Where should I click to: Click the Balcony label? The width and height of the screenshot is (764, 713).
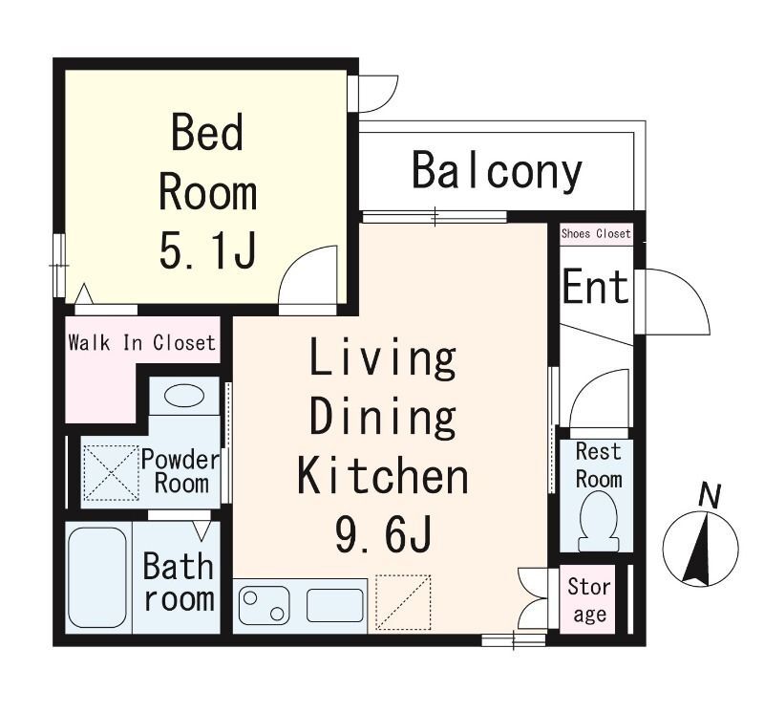click(x=497, y=171)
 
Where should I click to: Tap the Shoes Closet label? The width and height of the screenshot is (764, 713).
click(x=596, y=233)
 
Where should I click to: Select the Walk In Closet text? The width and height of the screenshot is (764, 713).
click(x=141, y=342)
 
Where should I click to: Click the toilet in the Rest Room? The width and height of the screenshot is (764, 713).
click(x=599, y=521)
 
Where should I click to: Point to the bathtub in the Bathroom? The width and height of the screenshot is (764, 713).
click(x=97, y=577)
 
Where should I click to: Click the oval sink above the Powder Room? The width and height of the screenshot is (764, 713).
click(x=184, y=396)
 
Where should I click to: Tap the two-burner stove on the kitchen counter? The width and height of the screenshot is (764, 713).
click(x=264, y=605)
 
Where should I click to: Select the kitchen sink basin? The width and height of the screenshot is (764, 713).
click(x=335, y=605)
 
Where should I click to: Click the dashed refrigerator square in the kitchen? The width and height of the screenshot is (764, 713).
click(x=403, y=602)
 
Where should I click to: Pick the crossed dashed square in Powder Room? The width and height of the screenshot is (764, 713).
click(x=112, y=472)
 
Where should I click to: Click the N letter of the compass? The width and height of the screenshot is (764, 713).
click(x=710, y=496)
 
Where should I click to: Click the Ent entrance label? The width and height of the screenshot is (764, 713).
click(x=595, y=287)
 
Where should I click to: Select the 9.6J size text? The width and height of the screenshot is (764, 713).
click(x=383, y=533)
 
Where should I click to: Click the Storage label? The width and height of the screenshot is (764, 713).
click(x=589, y=600)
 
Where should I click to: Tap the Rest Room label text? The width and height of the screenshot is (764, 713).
click(x=599, y=465)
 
